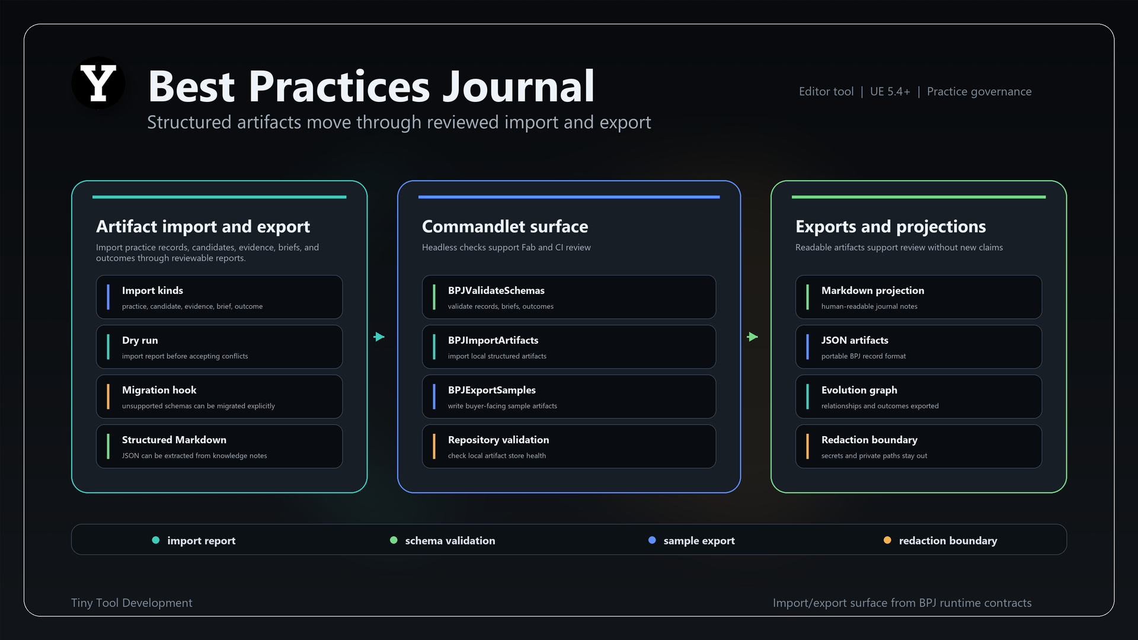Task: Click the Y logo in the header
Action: coord(98,83)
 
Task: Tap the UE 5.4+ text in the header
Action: coord(890,91)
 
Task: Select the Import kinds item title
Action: coord(152,290)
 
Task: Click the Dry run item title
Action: coord(140,340)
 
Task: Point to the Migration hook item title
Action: coord(159,390)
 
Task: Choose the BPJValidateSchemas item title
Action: coord(496,290)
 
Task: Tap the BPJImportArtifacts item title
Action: coord(493,340)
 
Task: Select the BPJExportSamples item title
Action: coord(492,390)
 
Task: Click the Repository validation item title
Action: coord(498,440)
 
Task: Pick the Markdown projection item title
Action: coord(872,290)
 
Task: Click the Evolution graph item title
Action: coord(859,390)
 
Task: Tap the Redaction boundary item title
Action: coord(869,440)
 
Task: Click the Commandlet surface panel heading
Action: coord(504,226)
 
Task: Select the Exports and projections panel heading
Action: coord(890,226)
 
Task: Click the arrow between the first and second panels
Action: coord(379,337)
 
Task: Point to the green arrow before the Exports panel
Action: coord(753,337)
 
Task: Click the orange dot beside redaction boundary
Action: coord(887,540)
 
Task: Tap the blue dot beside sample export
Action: coord(652,540)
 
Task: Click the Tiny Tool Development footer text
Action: coord(132,603)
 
